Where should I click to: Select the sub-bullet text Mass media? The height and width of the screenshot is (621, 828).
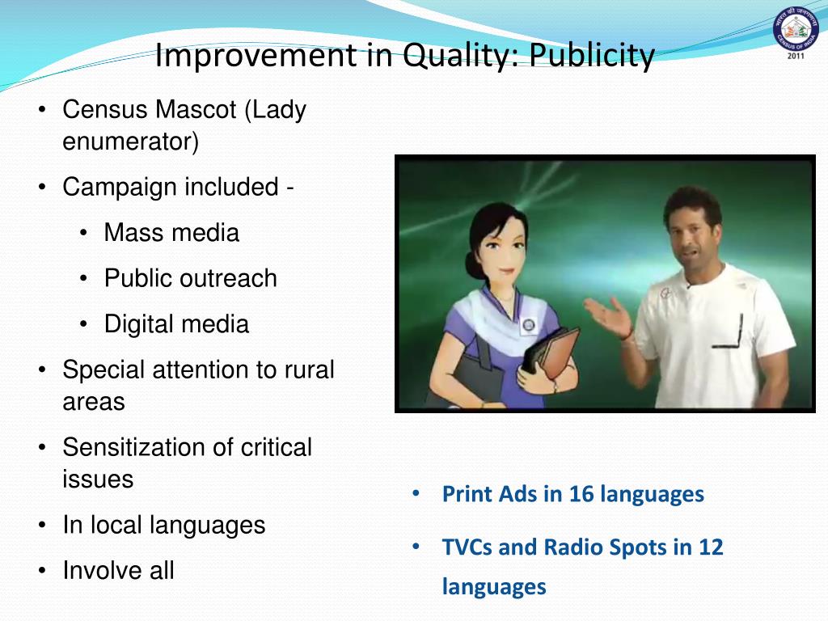click(x=171, y=233)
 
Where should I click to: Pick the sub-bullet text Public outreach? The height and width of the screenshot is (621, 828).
click(x=190, y=278)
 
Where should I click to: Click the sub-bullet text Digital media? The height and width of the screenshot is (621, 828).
click(x=176, y=324)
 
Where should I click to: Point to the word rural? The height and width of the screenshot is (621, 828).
click(x=308, y=370)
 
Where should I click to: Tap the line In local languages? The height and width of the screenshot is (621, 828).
click(x=163, y=525)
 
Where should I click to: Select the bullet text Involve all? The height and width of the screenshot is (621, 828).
click(x=118, y=571)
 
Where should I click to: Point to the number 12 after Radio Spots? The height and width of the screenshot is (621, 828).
click(x=710, y=547)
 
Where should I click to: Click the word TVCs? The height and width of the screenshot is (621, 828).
click(x=467, y=547)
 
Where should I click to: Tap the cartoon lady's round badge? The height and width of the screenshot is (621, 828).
click(x=529, y=325)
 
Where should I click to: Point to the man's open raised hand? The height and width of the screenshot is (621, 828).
click(x=607, y=316)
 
